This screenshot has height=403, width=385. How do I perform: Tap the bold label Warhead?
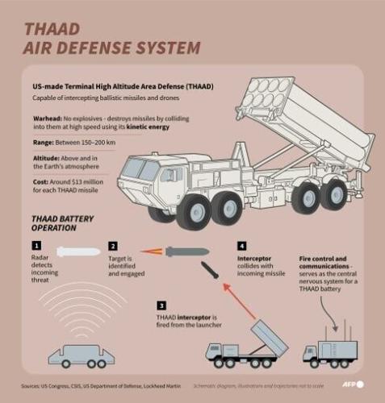48,117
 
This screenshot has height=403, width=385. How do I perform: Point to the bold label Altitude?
48,160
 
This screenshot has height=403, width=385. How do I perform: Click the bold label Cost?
41,183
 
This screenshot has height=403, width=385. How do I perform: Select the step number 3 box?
161,306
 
